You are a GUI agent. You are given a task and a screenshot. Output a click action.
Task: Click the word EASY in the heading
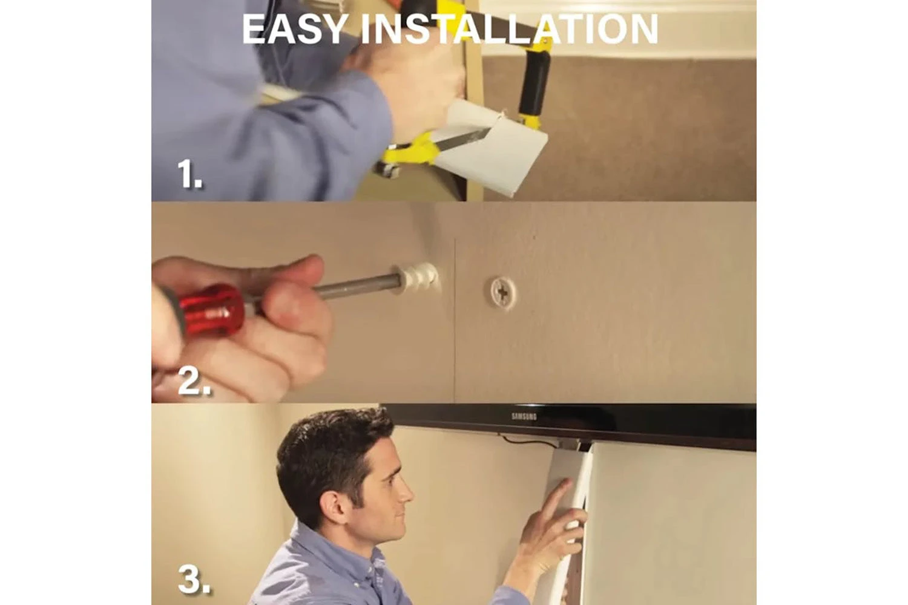coord(295,30)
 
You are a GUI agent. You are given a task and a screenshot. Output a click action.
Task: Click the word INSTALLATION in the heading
coord(508,30)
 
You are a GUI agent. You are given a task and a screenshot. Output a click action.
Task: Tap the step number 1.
coord(189,174)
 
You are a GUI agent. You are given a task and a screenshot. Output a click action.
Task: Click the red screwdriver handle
coord(211,310)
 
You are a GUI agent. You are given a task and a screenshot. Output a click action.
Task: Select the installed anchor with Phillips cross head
coord(501,291)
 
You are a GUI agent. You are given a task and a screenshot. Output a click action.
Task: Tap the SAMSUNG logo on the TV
coord(524,416)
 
